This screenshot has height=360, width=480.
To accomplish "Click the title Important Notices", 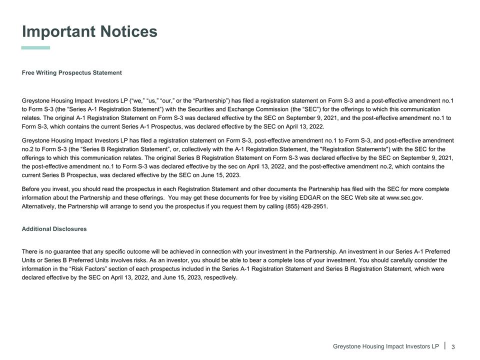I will tap(89, 31).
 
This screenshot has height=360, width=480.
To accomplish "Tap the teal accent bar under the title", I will tap(35, 48).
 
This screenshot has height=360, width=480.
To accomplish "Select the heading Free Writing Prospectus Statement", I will tap(71, 73).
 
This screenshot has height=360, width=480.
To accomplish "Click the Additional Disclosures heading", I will tap(54, 229).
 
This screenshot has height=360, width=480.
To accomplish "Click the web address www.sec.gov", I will tap(404, 198).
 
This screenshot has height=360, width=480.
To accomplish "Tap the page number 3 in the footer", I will tap(453, 347).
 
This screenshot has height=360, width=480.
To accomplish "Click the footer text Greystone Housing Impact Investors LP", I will tap(385, 346).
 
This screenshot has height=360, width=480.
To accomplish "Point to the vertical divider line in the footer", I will tap(444, 345).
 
